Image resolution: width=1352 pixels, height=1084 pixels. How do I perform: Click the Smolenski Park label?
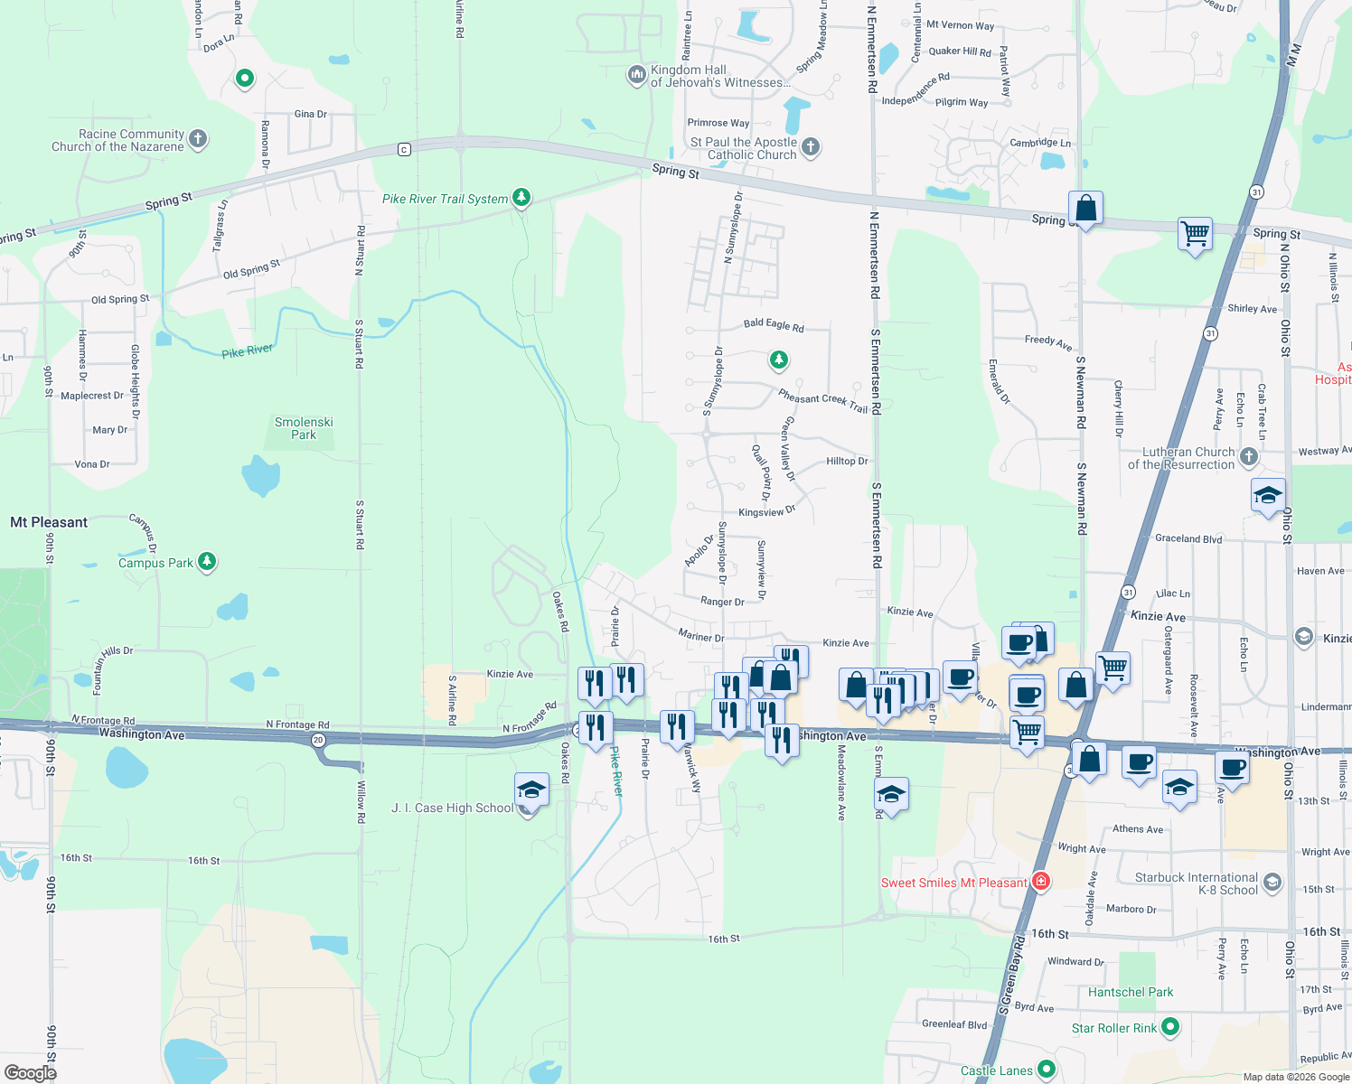tap(304, 428)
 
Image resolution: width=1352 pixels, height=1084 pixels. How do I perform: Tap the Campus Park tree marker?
tap(207, 562)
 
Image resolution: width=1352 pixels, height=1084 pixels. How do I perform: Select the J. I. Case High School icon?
tap(530, 790)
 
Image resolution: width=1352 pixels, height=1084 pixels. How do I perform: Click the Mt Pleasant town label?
tap(49, 522)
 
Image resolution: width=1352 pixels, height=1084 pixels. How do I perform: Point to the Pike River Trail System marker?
tap(521, 197)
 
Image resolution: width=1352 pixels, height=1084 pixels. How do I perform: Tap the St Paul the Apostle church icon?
tap(811, 146)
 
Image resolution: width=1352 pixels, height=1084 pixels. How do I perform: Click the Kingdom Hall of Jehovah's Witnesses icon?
tap(637, 74)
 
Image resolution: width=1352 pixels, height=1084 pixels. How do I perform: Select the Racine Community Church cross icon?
tap(198, 139)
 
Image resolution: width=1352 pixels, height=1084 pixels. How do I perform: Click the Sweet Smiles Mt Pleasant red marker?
tap(1040, 881)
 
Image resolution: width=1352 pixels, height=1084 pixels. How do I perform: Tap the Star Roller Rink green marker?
tap(1170, 1027)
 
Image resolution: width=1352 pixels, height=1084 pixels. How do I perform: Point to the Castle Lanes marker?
tap(1047, 1070)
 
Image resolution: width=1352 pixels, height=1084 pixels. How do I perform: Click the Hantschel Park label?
tap(1131, 992)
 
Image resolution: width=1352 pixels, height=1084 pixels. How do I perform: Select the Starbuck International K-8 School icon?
tap(1272, 882)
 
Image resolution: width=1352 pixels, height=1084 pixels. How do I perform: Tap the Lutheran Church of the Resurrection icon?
tap(1249, 456)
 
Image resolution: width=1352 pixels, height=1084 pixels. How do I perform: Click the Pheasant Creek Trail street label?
tap(822, 401)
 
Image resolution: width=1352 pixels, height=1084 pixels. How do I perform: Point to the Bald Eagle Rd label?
tap(774, 325)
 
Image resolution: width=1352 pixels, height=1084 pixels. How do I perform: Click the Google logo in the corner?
tap(30, 1072)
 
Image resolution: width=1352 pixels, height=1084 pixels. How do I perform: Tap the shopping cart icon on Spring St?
tap(1195, 234)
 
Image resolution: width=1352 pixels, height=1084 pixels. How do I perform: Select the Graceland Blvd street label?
tap(1188, 538)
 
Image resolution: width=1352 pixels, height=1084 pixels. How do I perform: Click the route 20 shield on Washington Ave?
tap(318, 740)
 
